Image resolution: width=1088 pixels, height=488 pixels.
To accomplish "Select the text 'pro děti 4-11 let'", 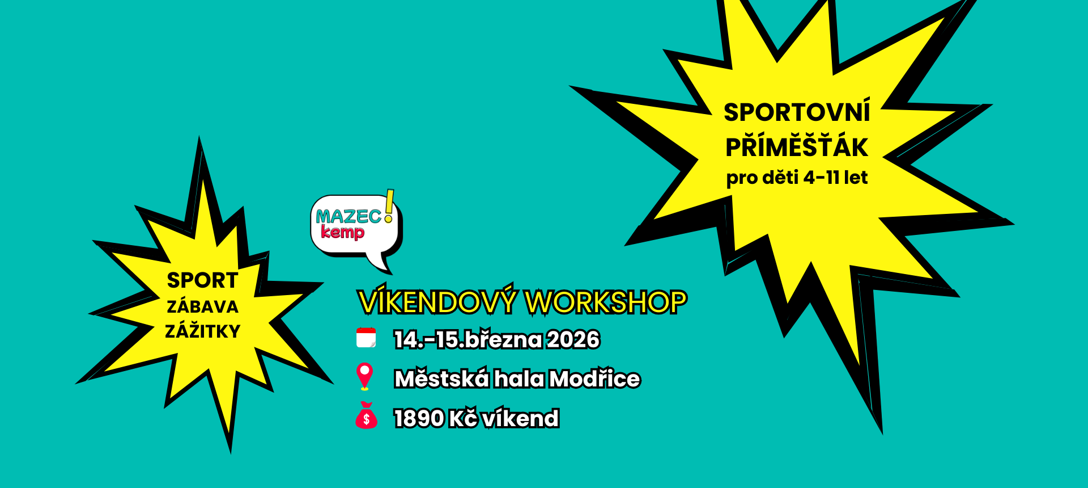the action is [x=797, y=178].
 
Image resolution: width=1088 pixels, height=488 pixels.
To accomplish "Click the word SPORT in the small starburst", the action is [x=202, y=280].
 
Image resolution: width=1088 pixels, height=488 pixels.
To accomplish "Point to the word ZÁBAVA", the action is [x=202, y=306].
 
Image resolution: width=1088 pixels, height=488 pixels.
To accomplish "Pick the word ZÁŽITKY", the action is [x=202, y=330].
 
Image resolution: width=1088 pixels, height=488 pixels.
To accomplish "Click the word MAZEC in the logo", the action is [x=349, y=216].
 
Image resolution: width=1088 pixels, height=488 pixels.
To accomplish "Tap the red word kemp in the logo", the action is [x=343, y=232].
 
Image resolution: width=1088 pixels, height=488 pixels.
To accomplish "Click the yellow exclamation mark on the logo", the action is [x=389, y=206].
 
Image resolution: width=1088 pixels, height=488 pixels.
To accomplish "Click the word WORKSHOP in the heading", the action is [x=606, y=302].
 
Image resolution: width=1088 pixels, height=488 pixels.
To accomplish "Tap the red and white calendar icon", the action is [x=366, y=338].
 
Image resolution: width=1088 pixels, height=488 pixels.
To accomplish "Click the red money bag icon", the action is [x=366, y=415].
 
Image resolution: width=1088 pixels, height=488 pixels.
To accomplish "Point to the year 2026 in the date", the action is [x=573, y=339].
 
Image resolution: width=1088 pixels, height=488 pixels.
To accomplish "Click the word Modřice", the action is [x=595, y=378].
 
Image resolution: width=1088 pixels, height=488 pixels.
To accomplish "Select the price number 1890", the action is [x=419, y=419].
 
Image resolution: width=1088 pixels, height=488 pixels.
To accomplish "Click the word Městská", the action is [x=442, y=378].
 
